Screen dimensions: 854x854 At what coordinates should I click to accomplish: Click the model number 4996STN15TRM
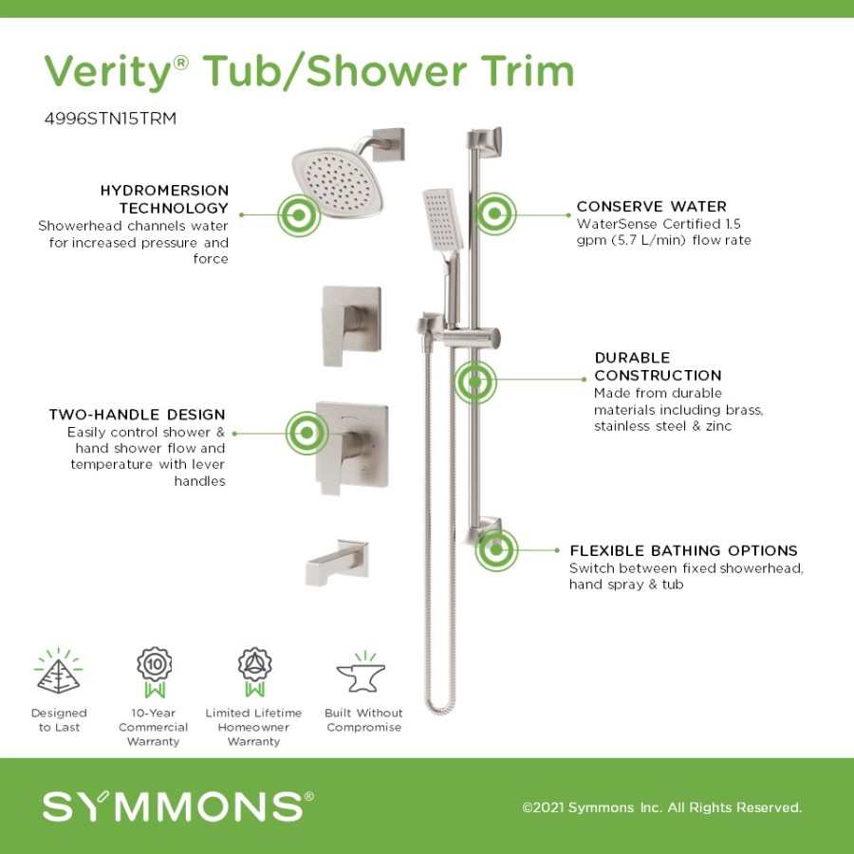point(110,119)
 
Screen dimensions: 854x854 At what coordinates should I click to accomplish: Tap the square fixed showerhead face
point(338,182)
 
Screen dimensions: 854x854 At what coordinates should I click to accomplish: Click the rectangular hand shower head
point(443,219)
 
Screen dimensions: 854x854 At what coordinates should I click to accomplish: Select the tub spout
point(337,563)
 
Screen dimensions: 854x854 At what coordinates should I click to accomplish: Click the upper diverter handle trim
point(351,325)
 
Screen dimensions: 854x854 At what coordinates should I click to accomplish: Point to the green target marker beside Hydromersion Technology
point(299,215)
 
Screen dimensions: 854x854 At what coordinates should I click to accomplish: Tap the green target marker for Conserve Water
point(494,213)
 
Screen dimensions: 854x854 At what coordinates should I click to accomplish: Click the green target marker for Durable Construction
point(475,381)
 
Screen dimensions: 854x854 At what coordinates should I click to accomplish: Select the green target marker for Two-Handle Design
point(306,433)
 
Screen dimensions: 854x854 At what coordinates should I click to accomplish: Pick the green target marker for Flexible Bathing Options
point(495,550)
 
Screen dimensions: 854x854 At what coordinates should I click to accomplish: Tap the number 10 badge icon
point(154,672)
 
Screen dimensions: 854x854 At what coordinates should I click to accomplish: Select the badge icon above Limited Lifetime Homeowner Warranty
point(254,672)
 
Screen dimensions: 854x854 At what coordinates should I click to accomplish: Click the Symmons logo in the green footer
point(178,807)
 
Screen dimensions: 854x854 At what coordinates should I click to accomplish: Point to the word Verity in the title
point(108,71)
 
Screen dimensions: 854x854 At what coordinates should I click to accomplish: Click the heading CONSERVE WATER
point(651,207)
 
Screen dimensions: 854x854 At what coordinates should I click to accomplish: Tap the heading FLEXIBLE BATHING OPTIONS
point(683,550)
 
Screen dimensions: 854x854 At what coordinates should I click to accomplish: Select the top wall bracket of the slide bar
point(484,142)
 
